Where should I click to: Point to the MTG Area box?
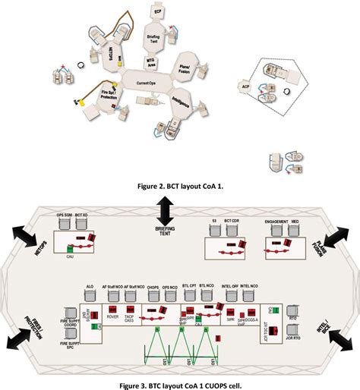pos(152,61)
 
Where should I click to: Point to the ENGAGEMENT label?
pos(277,222)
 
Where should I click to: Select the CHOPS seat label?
pos(153,289)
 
